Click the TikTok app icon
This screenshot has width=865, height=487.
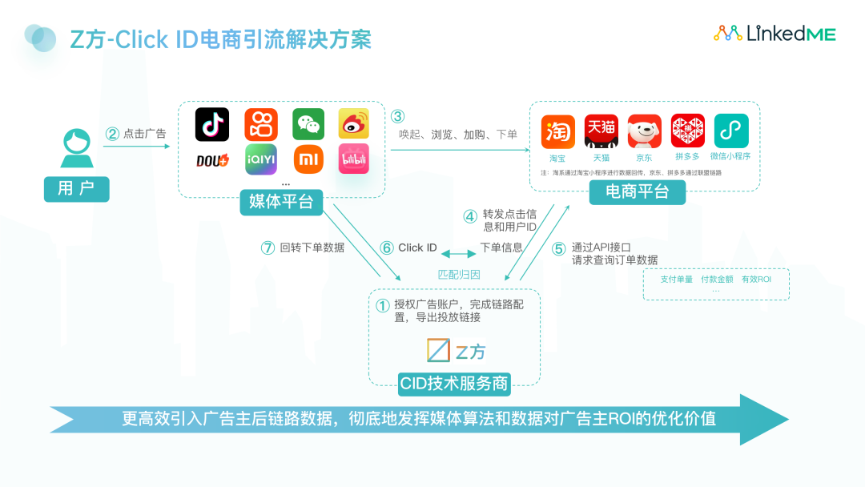(x=212, y=124)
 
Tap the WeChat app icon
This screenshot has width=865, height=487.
(x=308, y=124)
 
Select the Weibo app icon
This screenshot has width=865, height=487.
(x=353, y=124)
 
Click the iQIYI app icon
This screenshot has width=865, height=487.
(x=260, y=159)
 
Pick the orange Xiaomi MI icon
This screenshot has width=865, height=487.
(x=308, y=159)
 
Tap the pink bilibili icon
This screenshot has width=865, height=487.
(x=353, y=159)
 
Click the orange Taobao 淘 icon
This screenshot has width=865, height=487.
(x=558, y=131)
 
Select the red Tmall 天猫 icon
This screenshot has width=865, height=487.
(x=601, y=131)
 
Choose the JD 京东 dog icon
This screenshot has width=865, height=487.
(x=644, y=131)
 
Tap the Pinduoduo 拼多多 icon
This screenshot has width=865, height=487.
(x=687, y=131)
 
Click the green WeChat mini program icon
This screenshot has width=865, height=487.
(x=730, y=131)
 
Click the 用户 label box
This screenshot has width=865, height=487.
(x=76, y=189)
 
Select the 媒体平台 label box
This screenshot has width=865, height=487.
(x=281, y=202)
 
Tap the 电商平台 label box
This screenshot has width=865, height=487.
(x=638, y=192)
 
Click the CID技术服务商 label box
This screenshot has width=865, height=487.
(x=454, y=383)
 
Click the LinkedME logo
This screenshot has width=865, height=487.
(x=774, y=33)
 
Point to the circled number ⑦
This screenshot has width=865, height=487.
(x=268, y=248)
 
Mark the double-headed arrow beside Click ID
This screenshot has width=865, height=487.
(x=459, y=253)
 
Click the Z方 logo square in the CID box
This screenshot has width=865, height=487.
(x=438, y=351)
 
